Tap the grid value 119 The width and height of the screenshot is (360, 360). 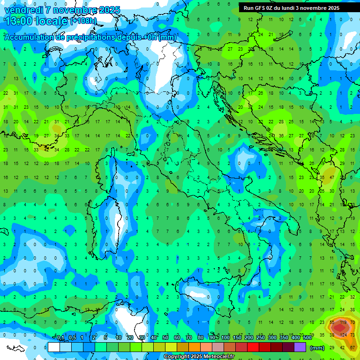coord(342,322)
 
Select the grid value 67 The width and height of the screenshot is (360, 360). coord(352,347)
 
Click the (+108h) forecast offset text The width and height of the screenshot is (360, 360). coord(83,21)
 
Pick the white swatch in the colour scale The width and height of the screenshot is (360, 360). coord(54,347)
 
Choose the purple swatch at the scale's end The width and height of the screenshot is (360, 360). coord(300,347)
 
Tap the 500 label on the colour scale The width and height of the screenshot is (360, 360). coord(307,338)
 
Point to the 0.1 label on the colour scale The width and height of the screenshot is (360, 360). coord(60,338)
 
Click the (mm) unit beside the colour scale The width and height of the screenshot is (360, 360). coord(317,348)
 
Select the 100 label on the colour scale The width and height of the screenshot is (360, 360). coord(225,338)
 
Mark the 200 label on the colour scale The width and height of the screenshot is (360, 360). coord(249,338)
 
